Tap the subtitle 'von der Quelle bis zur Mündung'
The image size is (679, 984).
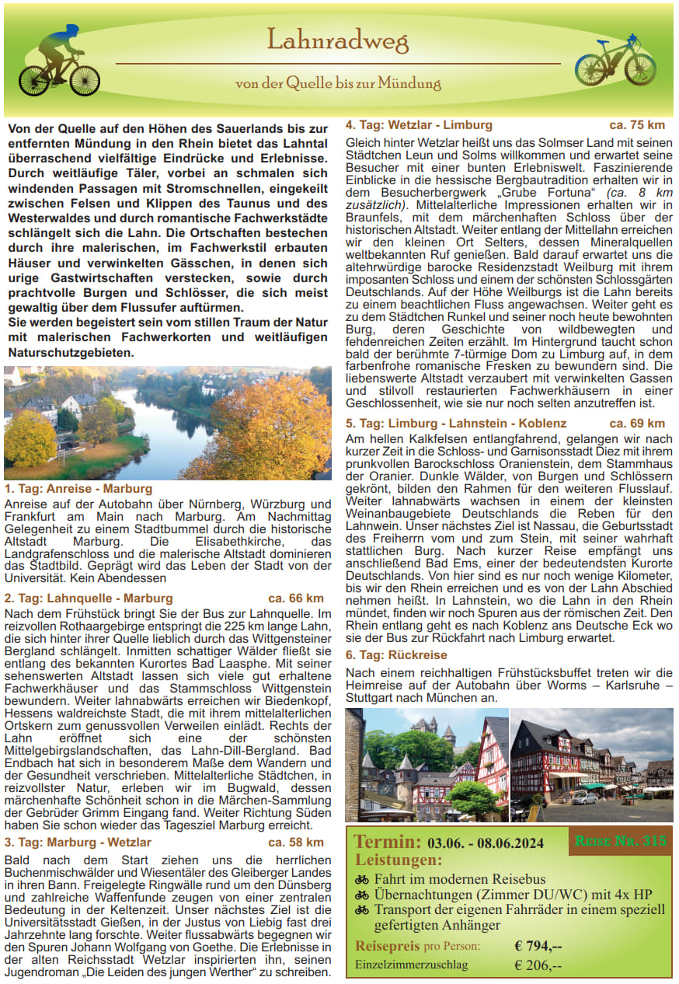[x=338, y=83]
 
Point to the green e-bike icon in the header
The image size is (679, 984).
[x=615, y=61]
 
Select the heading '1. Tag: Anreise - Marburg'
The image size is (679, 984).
[x=78, y=489]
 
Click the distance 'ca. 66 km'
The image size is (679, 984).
[x=296, y=598]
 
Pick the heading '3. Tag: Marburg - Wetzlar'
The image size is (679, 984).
[x=78, y=843]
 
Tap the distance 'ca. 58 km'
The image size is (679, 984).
[x=296, y=843]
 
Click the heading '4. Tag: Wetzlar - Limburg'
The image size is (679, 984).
[x=419, y=125]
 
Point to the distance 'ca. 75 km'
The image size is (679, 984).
[x=637, y=125]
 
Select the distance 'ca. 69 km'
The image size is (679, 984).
[x=637, y=424]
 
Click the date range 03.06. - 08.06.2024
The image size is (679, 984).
[x=486, y=843]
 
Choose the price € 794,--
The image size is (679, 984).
[x=538, y=946]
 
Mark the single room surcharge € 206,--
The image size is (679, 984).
[x=538, y=965]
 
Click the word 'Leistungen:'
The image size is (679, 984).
[x=399, y=860]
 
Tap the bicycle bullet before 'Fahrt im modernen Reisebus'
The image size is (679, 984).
[x=362, y=880]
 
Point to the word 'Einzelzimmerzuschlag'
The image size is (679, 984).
[x=412, y=965]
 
